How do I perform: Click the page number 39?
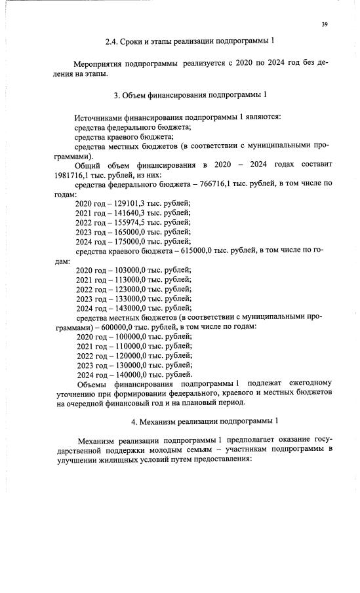coord(324,25)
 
